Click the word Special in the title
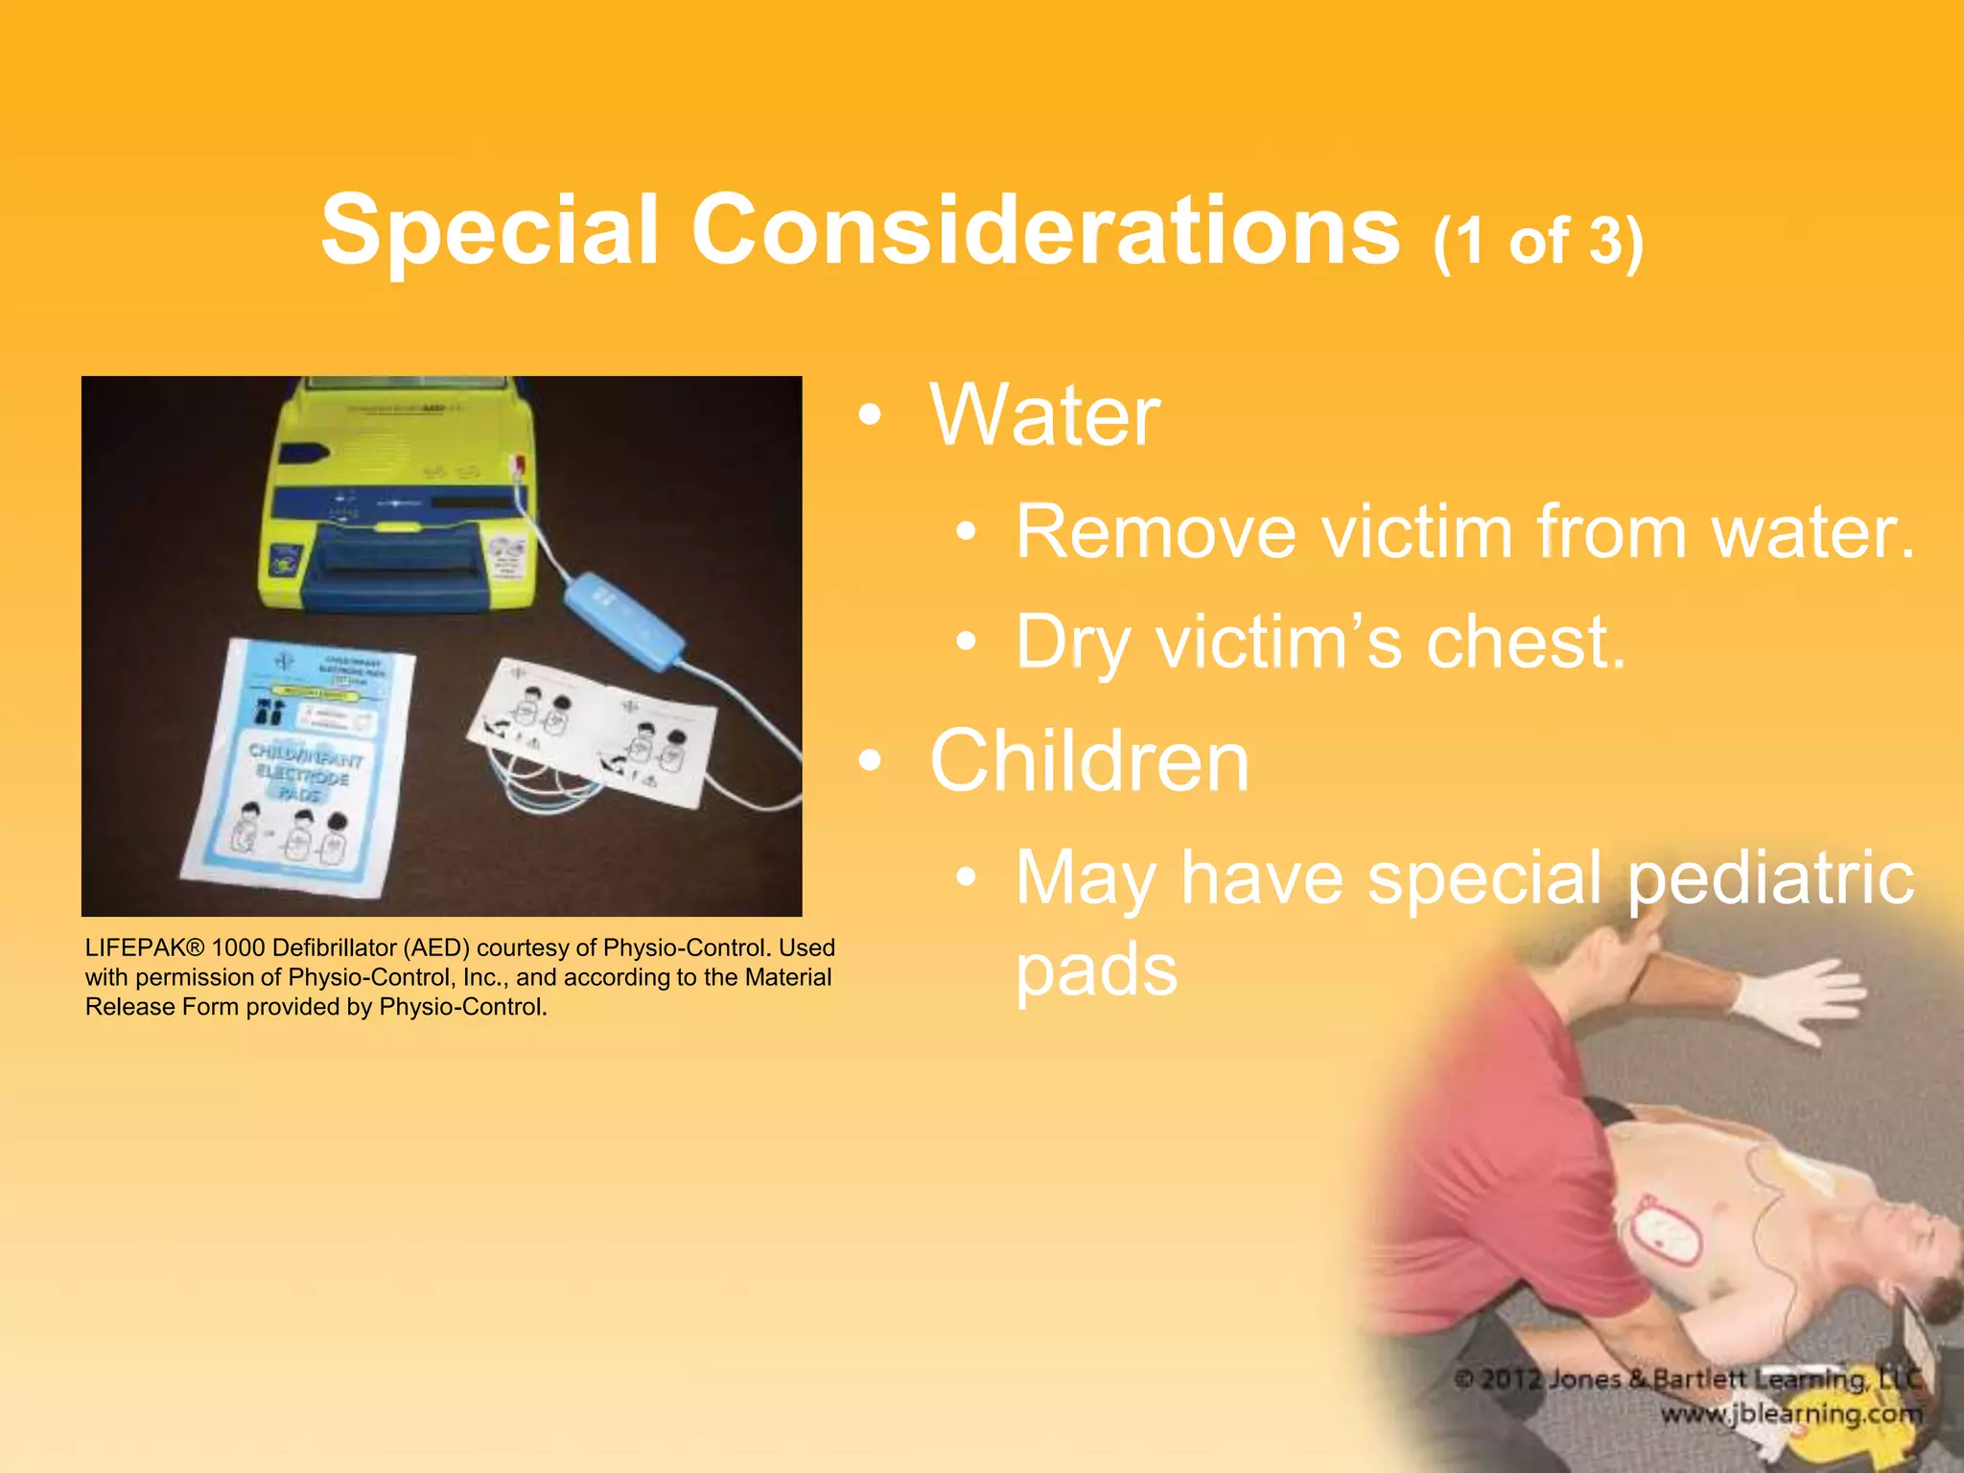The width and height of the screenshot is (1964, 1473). click(x=489, y=230)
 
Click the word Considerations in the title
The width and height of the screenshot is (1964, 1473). click(x=1045, y=230)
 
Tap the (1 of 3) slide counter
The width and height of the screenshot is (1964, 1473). click(x=1537, y=242)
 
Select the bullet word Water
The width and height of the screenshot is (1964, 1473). click(x=1045, y=416)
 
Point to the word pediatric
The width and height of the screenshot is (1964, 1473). click(x=1770, y=877)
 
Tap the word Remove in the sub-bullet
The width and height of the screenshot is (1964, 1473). click(x=1156, y=532)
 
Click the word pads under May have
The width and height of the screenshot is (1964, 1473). click(x=1096, y=970)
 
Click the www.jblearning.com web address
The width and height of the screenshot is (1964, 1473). click(x=1791, y=1414)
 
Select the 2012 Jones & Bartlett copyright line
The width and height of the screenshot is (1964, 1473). click(x=1688, y=1379)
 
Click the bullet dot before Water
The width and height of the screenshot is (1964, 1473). click(x=869, y=416)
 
